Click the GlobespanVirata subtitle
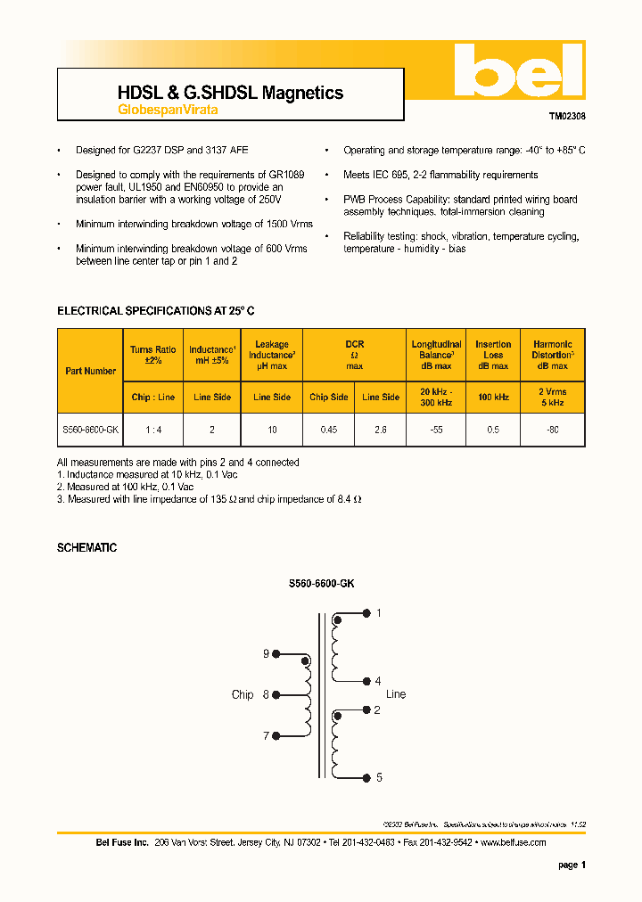(x=168, y=111)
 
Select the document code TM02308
(x=567, y=116)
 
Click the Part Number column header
(x=90, y=371)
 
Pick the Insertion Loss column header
(x=493, y=355)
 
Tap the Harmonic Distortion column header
(x=553, y=355)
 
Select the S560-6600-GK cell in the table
(x=90, y=429)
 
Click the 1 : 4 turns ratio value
(x=154, y=429)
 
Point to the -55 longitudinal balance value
(x=437, y=429)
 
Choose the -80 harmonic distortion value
(x=553, y=429)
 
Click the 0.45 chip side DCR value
(x=329, y=429)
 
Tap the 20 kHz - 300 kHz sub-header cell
(x=437, y=397)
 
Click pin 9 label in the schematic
(x=266, y=654)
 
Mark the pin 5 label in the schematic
(x=379, y=777)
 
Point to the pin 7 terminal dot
(x=276, y=736)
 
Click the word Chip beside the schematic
(x=243, y=694)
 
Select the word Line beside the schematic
(x=396, y=694)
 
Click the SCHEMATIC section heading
(x=86, y=547)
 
